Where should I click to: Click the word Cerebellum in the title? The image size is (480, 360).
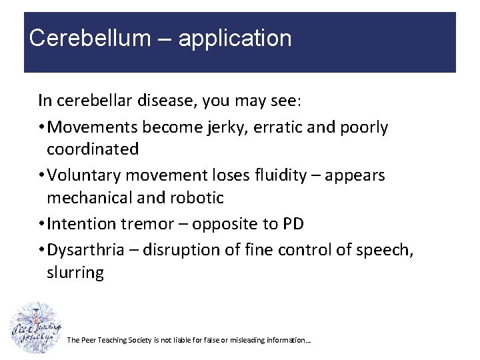pos(90,38)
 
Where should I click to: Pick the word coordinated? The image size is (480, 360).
pos(92,149)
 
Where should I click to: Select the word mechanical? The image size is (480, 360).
pos(98,198)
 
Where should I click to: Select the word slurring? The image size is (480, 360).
pos(75,273)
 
